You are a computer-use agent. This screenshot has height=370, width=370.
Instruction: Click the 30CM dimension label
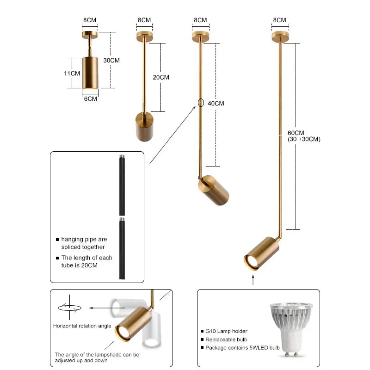[111, 61]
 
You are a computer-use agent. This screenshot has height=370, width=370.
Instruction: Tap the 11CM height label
[72, 73]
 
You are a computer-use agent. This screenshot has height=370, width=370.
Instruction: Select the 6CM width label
[90, 99]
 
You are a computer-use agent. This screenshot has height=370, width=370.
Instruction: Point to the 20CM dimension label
[161, 77]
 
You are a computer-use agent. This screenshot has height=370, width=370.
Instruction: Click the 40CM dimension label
[216, 104]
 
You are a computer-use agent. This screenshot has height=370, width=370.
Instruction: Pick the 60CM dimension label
[296, 133]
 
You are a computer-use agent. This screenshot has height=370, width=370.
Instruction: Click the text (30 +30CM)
[304, 139]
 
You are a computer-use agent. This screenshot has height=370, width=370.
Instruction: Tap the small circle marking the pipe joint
[201, 103]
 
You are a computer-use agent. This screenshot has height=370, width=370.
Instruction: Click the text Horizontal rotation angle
[82, 326]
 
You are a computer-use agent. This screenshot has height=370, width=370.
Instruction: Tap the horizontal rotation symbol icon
[69, 307]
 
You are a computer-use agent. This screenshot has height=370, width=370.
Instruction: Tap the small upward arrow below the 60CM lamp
[253, 279]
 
